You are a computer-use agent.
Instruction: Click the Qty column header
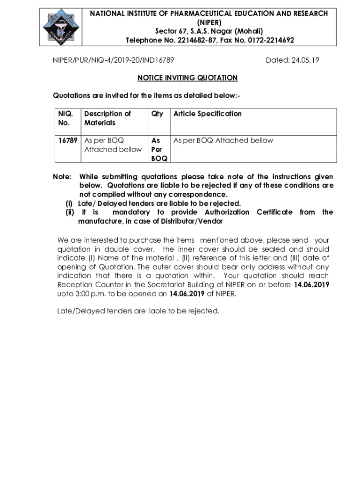click(157, 114)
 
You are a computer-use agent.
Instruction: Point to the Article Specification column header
click(208, 114)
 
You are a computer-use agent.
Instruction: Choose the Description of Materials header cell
click(108, 118)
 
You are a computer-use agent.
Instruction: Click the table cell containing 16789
click(68, 140)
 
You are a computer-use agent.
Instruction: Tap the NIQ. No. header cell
click(65, 118)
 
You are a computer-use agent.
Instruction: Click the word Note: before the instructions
click(62, 177)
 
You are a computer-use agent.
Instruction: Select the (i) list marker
click(69, 203)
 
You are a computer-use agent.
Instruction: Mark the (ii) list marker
click(70, 212)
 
